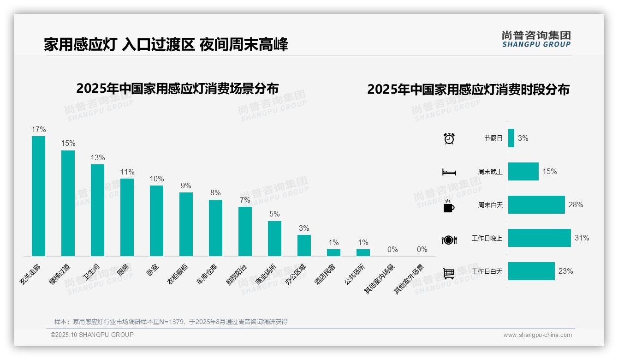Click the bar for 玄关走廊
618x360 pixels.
[x=38, y=196]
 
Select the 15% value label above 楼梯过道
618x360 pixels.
[x=68, y=144]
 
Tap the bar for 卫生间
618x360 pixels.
[x=97, y=210]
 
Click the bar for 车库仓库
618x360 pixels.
[x=215, y=228]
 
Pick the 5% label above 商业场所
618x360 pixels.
[x=274, y=214]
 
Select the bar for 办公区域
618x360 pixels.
[x=304, y=246]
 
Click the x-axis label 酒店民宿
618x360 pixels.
[x=325, y=274]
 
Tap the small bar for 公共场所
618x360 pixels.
[x=363, y=252]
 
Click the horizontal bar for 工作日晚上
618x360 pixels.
[x=539, y=238]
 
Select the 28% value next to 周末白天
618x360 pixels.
[x=576, y=204]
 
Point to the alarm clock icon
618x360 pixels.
[x=449, y=138]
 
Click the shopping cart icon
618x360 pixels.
[x=449, y=273]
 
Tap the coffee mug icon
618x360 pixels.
[x=449, y=206]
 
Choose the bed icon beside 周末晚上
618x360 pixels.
[x=449, y=172]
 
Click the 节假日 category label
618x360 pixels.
[x=493, y=138]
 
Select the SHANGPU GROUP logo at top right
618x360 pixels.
[x=536, y=39]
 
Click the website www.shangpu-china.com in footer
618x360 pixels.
[x=537, y=335]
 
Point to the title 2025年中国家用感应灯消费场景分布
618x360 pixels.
[x=178, y=88]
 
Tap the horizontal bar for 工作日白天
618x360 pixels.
[x=531, y=271]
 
